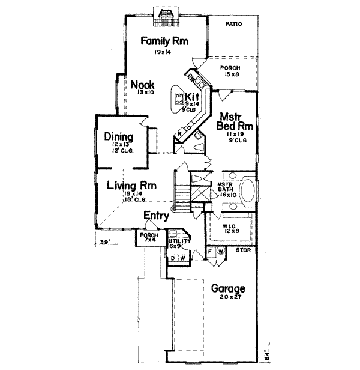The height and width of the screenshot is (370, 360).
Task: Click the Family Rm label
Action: [164, 41]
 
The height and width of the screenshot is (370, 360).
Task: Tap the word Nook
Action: [142, 85]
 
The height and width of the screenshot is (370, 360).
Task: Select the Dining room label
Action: [118, 136]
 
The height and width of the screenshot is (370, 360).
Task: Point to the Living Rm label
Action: [128, 186]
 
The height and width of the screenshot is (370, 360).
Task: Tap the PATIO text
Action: [232, 25]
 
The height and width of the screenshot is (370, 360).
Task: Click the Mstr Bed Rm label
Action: [234, 122]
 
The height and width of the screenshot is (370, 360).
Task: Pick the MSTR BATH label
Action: [225, 187]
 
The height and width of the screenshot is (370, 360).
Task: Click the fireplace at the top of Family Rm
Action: [164, 14]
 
